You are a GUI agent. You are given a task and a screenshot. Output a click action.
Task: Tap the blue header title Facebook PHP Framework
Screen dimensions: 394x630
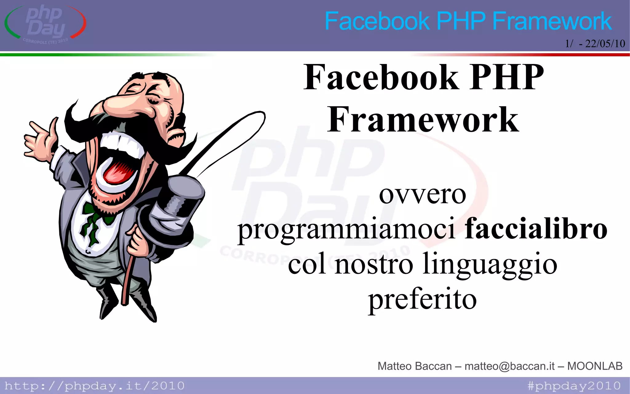[468, 21]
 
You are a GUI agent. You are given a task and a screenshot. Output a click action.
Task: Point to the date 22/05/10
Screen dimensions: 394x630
[605, 44]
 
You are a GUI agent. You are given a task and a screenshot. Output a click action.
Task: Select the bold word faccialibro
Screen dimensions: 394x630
[536, 229]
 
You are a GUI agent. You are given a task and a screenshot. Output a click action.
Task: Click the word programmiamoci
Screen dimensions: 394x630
[346, 230]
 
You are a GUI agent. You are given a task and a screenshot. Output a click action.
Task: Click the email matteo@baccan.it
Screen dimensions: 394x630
[509, 366]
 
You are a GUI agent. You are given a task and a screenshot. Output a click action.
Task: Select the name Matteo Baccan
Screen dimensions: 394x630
[414, 366]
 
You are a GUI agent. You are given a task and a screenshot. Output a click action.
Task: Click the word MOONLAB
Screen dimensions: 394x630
[595, 366]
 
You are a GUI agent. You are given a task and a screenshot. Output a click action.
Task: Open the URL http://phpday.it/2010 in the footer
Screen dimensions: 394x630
[94, 386]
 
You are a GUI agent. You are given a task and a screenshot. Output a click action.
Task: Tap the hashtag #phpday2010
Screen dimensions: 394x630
[574, 386]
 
